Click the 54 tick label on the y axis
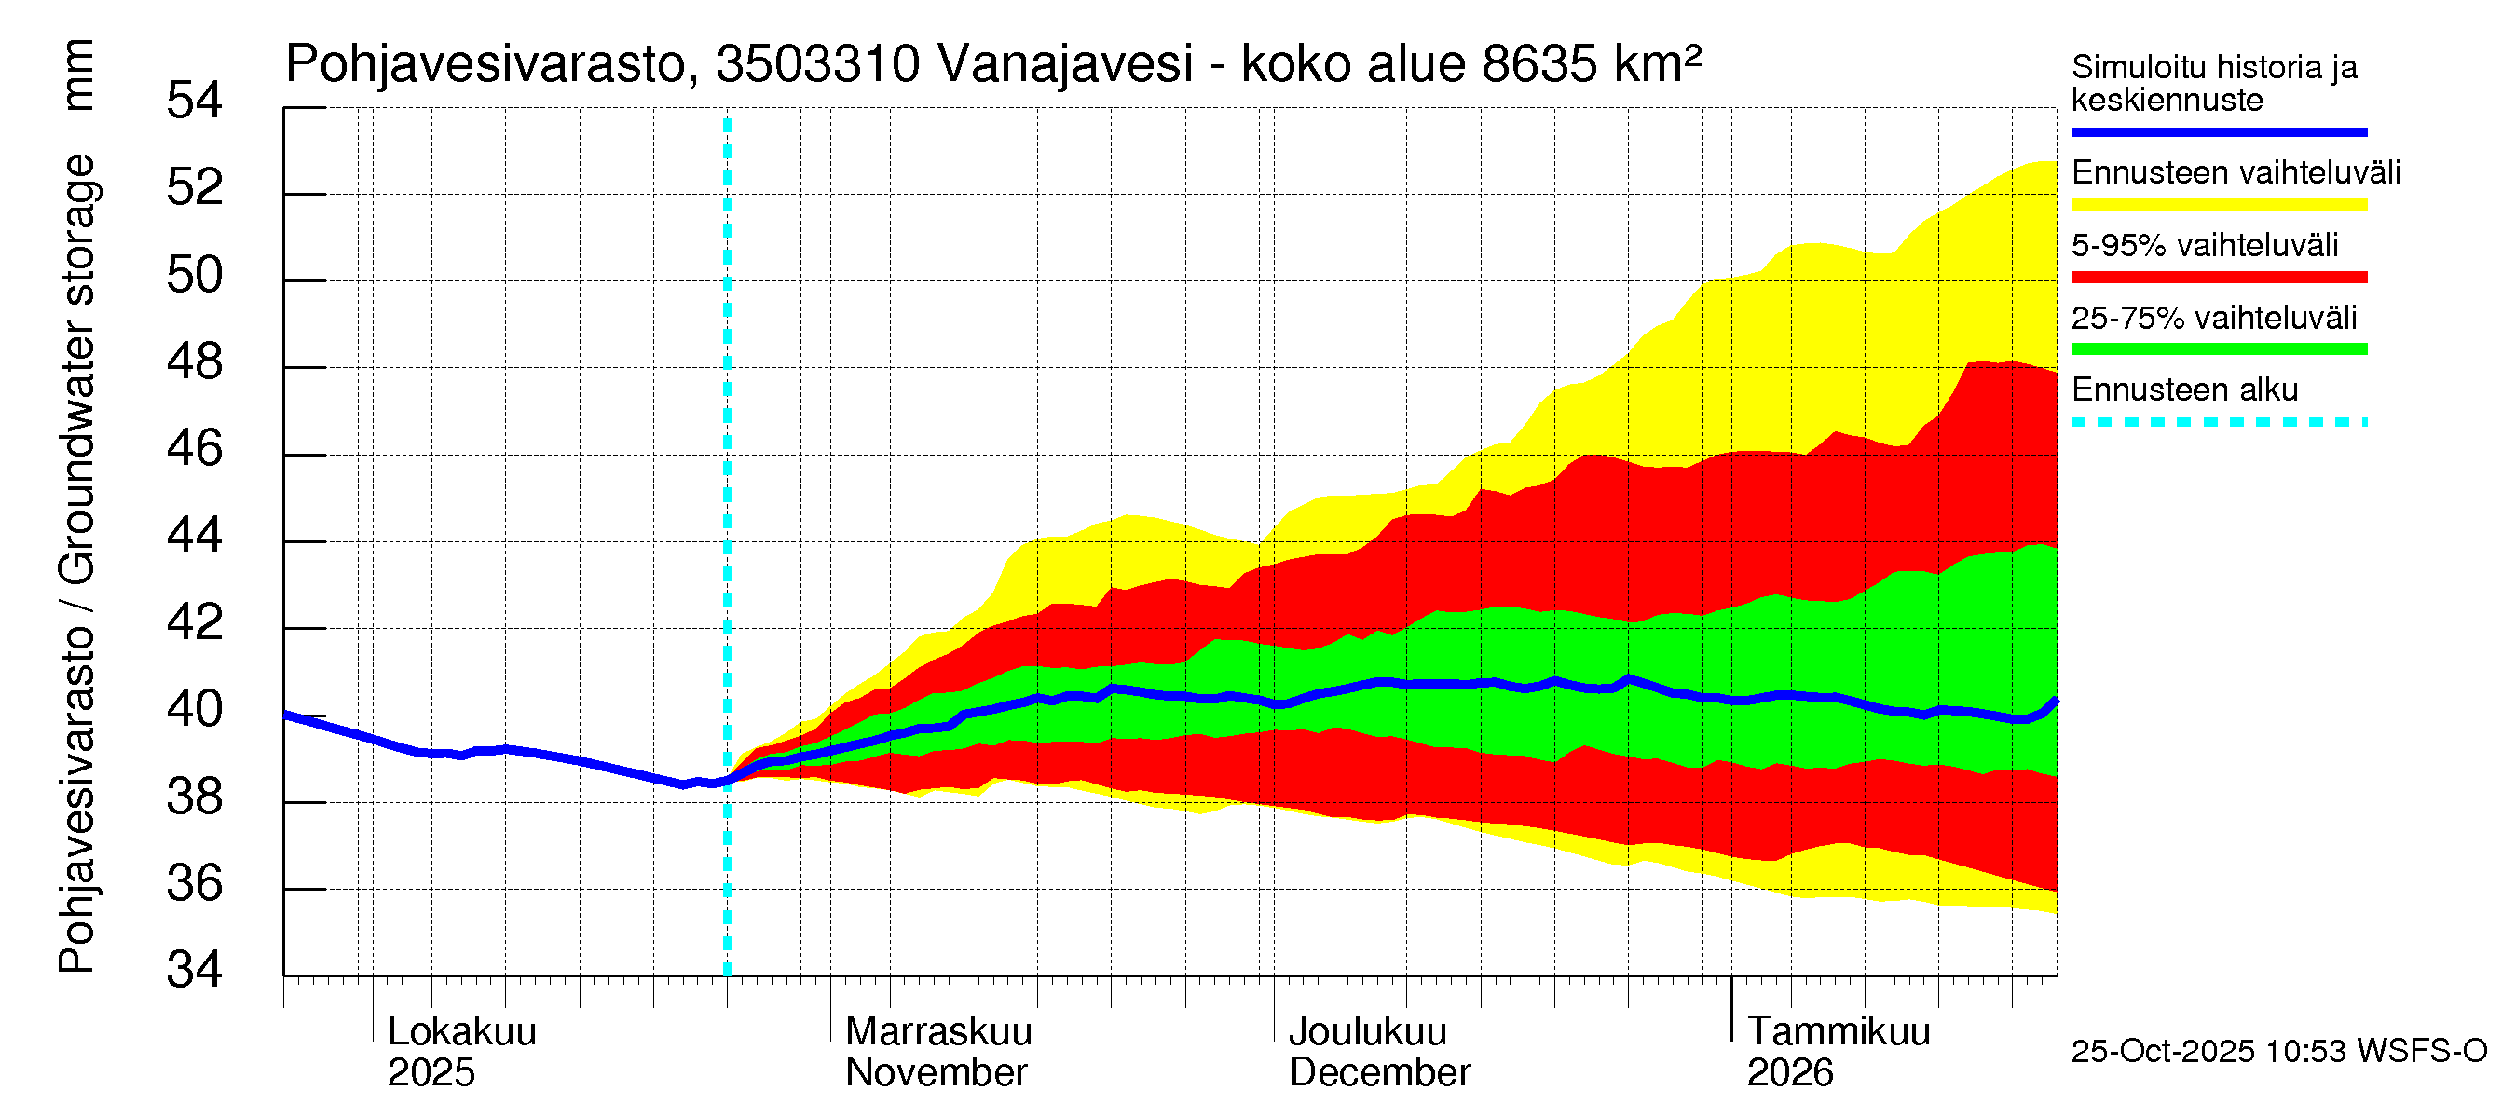[195, 101]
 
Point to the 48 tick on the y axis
[195, 362]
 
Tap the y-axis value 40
[195, 710]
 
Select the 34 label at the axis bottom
[195, 971]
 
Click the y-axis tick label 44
[195, 536]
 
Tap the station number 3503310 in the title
[817, 64]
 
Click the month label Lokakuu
[462, 1032]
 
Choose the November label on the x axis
[936, 1073]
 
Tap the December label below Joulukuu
[1379, 1073]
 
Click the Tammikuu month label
[1839, 1032]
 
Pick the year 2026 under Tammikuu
[1789, 1073]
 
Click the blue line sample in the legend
[2218, 131]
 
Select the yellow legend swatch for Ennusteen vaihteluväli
[2218, 205]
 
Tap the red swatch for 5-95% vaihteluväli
[2218, 278]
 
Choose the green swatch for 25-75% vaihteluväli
[2218, 349]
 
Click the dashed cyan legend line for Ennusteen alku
[2218, 423]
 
